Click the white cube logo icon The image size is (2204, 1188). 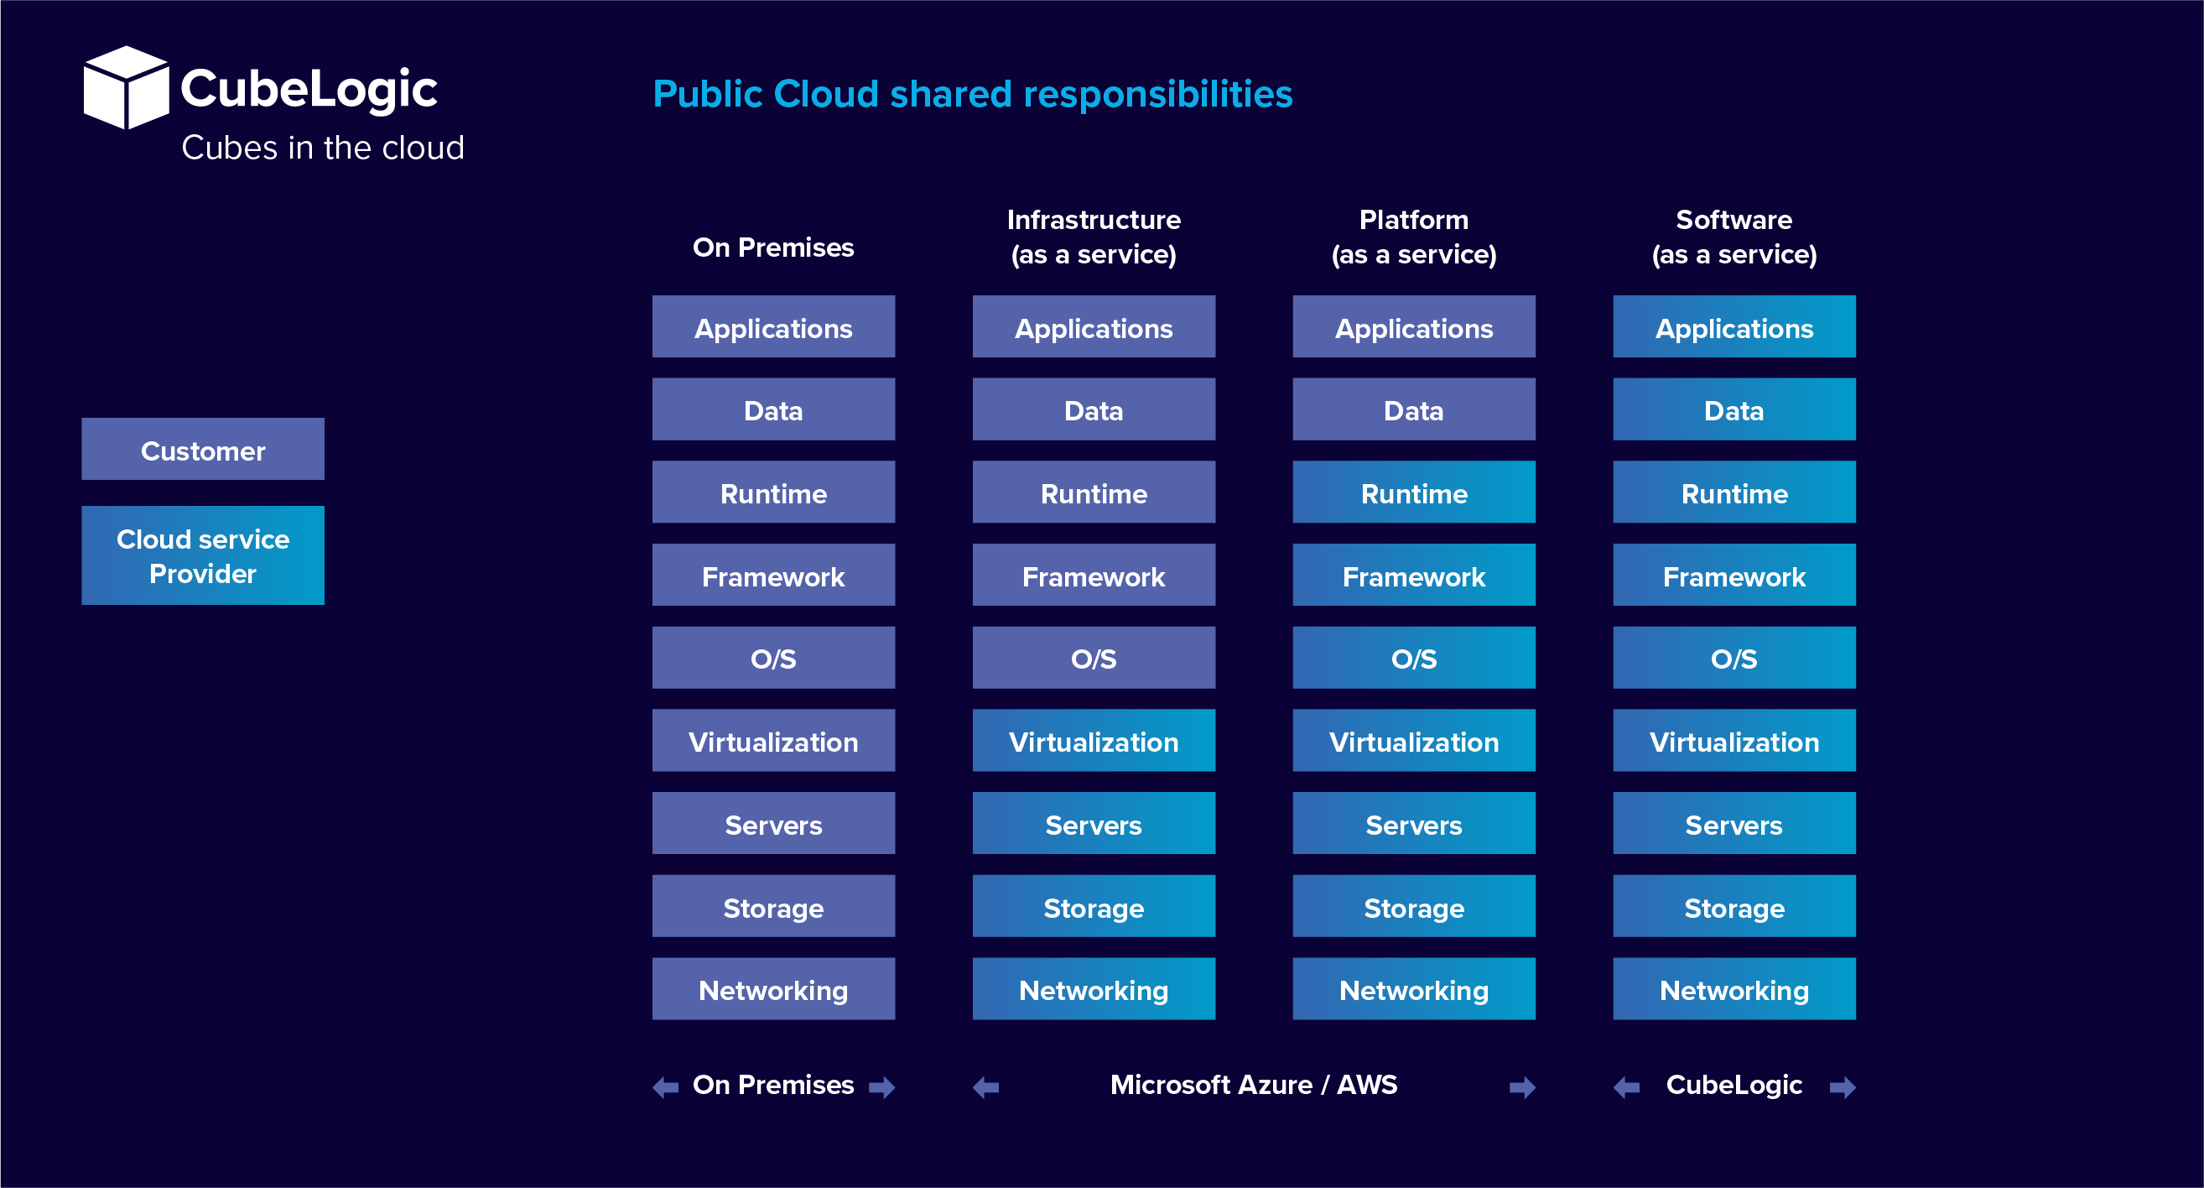[127, 87]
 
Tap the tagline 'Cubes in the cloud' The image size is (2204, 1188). [323, 148]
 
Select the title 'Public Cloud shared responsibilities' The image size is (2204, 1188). [972, 94]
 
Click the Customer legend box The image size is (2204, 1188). [203, 450]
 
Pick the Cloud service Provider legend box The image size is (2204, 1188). [203, 555]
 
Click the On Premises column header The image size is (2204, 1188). [773, 247]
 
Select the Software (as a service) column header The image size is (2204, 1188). [1734, 237]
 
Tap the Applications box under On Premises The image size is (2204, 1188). [773, 327]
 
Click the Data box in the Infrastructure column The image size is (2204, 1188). [1094, 409]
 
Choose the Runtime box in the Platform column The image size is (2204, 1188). [1413, 492]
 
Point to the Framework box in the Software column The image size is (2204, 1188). [1734, 576]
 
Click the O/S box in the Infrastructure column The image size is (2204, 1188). [1094, 657]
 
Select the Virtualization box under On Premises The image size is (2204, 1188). [773, 740]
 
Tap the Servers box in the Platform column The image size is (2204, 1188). [1413, 823]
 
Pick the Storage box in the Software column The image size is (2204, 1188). [1734, 905]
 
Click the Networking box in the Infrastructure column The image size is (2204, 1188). [1094, 988]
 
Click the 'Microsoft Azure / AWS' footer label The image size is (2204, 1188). [1254, 1086]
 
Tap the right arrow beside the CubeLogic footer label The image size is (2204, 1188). [1843, 1087]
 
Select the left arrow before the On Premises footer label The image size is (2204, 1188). [666, 1087]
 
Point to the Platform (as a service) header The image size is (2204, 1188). [1413, 237]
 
